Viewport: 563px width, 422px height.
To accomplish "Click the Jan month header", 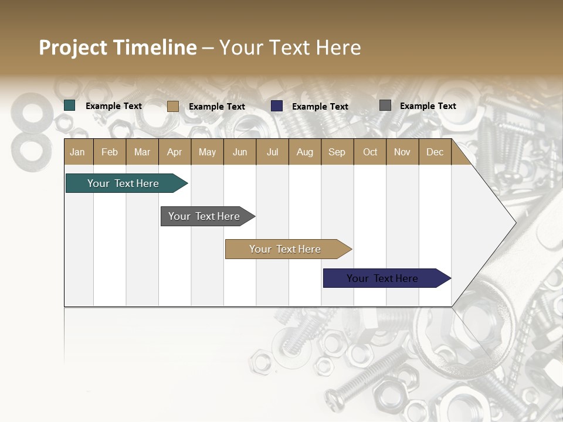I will (77, 152).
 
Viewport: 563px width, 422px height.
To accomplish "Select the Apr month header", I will (174, 152).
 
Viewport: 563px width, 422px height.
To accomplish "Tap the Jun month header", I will (240, 152).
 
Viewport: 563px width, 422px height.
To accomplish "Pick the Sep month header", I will (337, 152).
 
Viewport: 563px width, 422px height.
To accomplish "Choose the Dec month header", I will (435, 152).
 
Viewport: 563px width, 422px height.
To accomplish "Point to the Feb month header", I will (110, 152).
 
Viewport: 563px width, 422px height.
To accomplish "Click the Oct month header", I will (370, 152).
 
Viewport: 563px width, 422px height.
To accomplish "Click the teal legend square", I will (70, 105).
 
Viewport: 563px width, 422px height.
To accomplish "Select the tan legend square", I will (172, 106).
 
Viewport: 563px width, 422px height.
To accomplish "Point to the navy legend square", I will (277, 106).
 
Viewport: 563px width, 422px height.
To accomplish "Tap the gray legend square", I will (385, 105).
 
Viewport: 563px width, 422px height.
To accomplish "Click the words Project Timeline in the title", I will (118, 47).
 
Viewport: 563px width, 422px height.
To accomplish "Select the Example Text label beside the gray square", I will (428, 106).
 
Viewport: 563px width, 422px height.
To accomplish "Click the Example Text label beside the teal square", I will (114, 106).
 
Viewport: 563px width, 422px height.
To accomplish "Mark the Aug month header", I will (304, 152).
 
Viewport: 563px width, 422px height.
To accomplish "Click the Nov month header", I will (402, 152).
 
